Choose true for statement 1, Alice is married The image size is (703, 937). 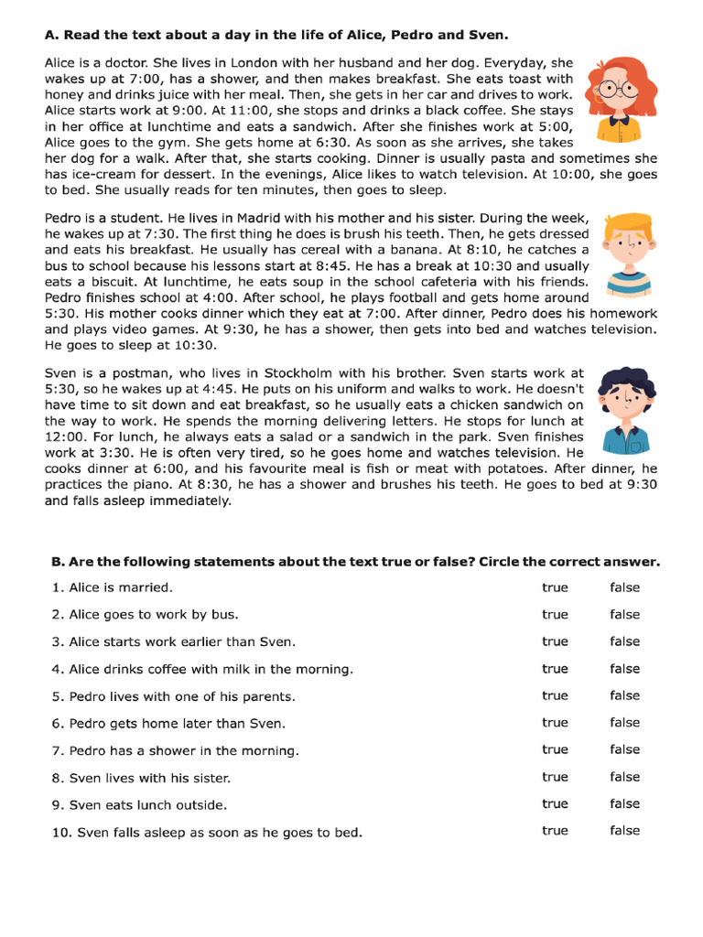pos(555,587)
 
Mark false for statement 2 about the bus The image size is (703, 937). pos(625,615)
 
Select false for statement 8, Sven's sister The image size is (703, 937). pos(625,777)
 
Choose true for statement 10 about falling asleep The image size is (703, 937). pos(555,831)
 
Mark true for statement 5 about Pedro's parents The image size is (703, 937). pos(555,695)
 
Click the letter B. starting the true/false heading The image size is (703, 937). pos(51,562)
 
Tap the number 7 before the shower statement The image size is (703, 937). pos(57,750)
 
